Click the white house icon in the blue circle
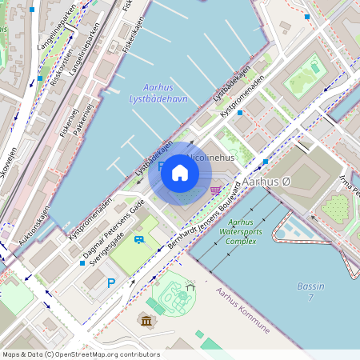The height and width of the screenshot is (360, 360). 180,173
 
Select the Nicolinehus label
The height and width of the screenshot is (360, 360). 210,158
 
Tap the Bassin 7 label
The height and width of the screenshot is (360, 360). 310,291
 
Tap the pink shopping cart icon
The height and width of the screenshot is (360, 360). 215,190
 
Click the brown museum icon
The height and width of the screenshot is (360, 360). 146,321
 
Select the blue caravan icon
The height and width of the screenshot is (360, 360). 139,239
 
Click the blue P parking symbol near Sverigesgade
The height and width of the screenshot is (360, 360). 111,282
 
